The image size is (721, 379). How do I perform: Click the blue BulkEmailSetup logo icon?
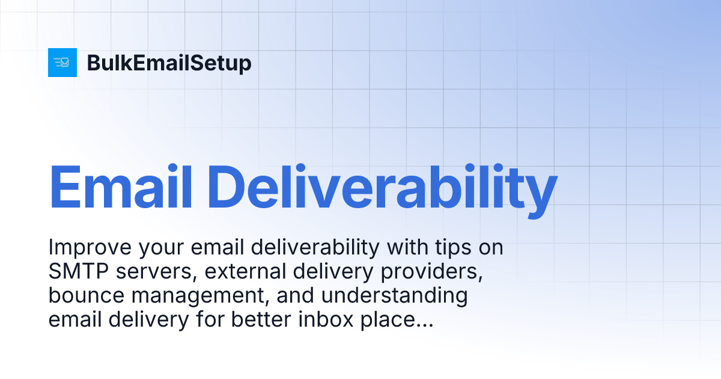pos(62,63)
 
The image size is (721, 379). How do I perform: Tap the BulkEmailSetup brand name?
pos(169,63)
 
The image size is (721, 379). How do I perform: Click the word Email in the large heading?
pos(120,186)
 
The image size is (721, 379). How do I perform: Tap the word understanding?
pos(403,296)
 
